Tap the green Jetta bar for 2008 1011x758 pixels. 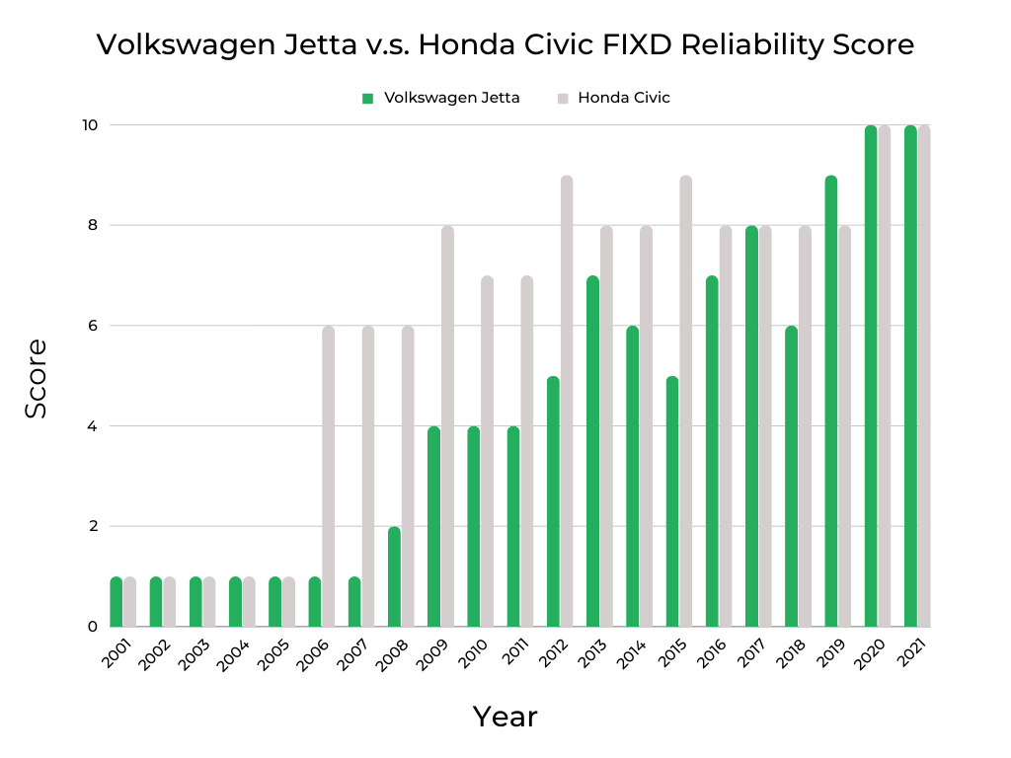pos(394,576)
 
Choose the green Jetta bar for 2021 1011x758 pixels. pos(910,376)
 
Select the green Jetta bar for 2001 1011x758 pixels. pos(117,601)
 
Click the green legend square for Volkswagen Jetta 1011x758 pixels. pos(367,98)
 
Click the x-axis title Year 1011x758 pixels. pos(505,717)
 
